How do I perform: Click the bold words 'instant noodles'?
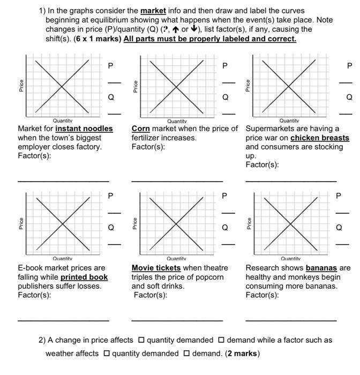pos(84,129)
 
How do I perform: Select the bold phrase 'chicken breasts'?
pos(320,138)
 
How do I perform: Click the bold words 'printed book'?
pos(84,277)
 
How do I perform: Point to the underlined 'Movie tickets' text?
pos(156,268)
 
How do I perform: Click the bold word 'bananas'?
pos(321,268)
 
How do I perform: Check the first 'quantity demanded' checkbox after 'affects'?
pos(141,340)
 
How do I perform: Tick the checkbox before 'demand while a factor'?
pos(221,340)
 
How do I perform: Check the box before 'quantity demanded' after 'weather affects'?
pos(107,354)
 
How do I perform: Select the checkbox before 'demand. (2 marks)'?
pos(186,354)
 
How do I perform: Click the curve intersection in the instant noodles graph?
pos(63,86)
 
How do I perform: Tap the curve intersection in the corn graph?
pos(177,86)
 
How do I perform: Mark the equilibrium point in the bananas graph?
pos(291,223)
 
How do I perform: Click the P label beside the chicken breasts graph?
pos(349,66)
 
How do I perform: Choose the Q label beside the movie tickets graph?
pos(225,227)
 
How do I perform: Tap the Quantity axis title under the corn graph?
pos(177,122)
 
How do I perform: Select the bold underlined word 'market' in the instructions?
pos(153,11)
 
